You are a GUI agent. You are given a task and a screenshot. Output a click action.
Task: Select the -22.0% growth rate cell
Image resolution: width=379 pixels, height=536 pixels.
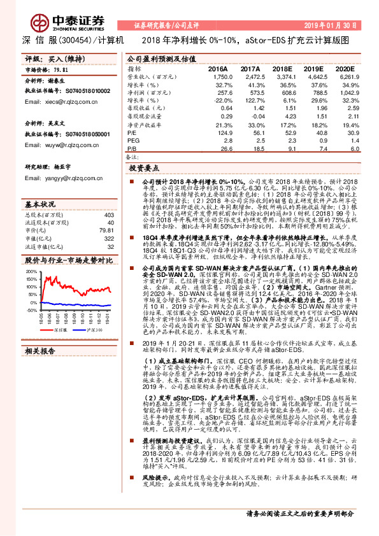[x=222, y=101]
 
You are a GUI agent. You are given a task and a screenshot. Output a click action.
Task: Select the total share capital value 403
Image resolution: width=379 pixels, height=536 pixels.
[x=109, y=215]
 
